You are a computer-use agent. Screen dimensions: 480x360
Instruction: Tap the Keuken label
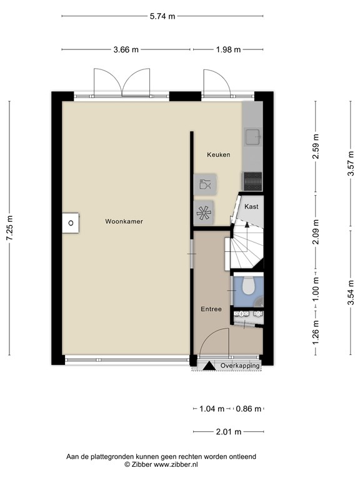[219, 154]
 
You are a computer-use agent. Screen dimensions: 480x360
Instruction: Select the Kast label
[251, 206]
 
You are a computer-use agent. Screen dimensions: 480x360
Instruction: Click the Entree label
[211, 309]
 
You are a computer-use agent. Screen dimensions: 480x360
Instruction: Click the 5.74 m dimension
[162, 17]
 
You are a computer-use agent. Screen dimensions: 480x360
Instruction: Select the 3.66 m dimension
[126, 51]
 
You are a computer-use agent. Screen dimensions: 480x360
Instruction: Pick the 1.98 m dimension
[228, 51]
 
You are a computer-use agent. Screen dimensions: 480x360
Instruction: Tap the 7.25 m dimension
[9, 229]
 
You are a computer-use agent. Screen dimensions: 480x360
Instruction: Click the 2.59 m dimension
[316, 147]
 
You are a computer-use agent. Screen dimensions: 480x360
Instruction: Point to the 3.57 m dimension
[351, 164]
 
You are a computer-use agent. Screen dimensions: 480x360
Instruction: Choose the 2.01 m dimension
[229, 431]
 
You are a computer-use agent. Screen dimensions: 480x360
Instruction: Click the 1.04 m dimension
[211, 409]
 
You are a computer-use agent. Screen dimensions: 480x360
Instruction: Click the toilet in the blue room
[247, 287]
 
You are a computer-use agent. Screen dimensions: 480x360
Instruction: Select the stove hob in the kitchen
[252, 180]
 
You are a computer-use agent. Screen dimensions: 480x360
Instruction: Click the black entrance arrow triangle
[207, 366]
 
